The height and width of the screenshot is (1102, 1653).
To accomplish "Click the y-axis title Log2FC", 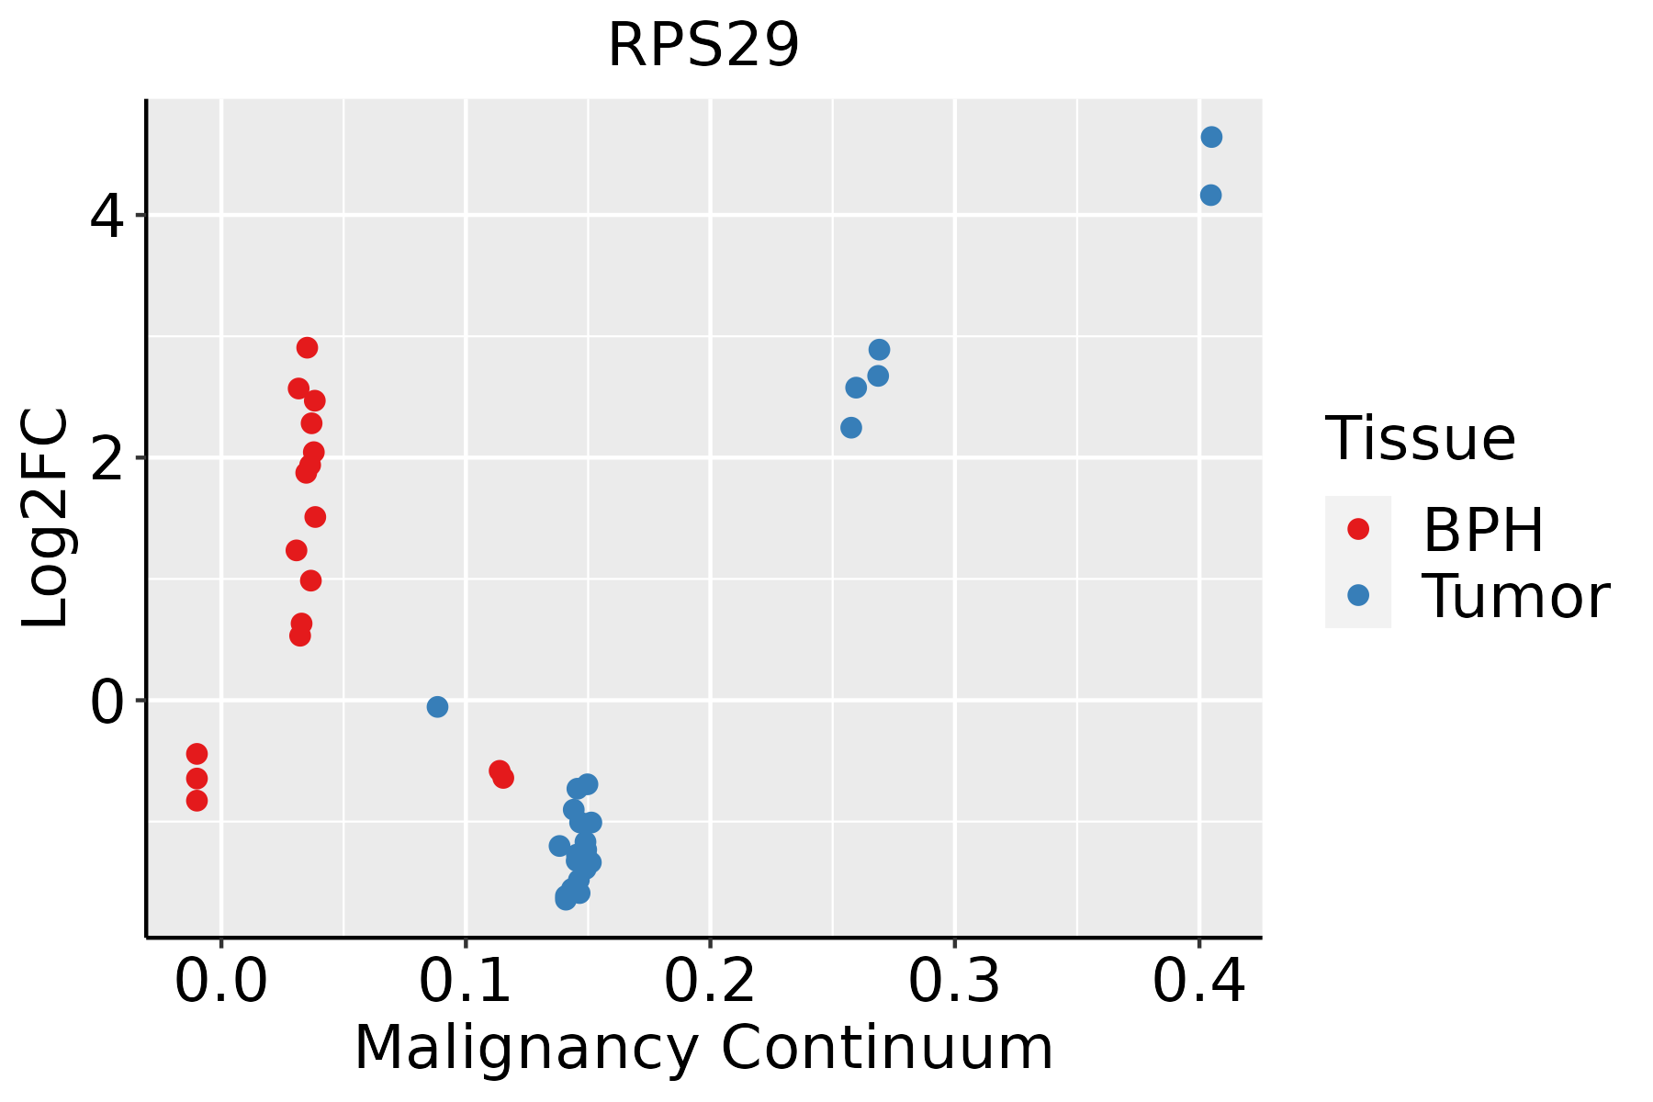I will tap(46, 519).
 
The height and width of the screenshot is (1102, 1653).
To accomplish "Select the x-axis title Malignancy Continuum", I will tap(703, 1048).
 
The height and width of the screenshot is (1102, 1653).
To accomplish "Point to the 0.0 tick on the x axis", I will tap(221, 983).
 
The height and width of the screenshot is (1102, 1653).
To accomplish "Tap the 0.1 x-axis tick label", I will tap(466, 983).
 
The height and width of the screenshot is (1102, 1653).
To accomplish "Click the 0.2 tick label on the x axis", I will tap(710, 983).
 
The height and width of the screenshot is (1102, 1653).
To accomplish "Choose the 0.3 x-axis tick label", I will tap(954, 983).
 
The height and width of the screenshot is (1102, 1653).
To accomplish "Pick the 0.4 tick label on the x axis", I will tap(1198, 983).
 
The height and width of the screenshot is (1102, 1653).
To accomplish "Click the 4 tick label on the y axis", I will tap(107, 217).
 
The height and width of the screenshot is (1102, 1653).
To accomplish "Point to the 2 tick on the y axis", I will tap(107, 458).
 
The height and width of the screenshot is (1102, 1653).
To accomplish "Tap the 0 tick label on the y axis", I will tap(107, 703).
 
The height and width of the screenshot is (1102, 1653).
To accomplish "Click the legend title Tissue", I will tap(1421, 439).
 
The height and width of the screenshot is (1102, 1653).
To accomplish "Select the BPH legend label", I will tap(1483, 530).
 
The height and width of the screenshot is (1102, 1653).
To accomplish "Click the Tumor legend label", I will tap(1515, 596).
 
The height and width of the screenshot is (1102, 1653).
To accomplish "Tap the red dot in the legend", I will tap(1357, 529).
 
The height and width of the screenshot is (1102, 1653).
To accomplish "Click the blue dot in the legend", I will tap(1357, 595).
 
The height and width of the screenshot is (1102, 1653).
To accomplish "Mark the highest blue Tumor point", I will tap(1211, 137).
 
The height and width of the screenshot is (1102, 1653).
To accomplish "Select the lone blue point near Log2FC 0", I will tap(437, 706).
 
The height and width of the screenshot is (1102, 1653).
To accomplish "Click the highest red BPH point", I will tap(308, 347).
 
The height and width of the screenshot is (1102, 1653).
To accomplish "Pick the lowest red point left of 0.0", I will tap(197, 801).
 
